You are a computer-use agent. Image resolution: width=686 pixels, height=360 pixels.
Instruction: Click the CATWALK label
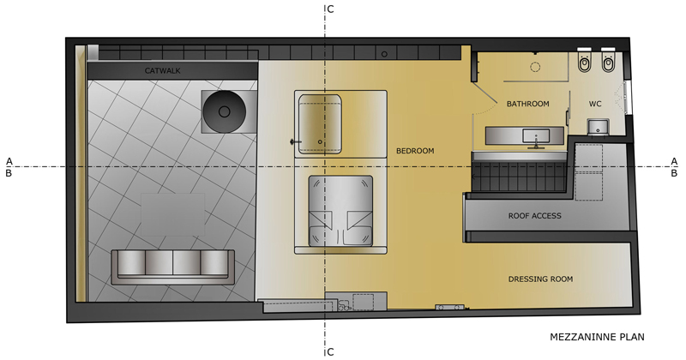[x=162, y=71]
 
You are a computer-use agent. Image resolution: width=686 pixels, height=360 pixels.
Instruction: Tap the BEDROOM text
[x=415, y=151]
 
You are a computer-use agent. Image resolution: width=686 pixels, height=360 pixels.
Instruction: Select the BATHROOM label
[x=527, y=104]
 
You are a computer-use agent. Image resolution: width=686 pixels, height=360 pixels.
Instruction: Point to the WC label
[x=595, y=104]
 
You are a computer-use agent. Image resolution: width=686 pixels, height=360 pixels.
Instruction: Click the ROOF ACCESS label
[x=534, y=216]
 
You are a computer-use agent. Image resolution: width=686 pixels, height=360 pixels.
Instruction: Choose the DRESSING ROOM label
[x=540, y=279]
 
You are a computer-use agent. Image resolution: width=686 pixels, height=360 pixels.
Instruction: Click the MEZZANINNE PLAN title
[x=597, y=337]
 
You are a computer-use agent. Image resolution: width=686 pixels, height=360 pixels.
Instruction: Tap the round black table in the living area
[x=224, y=111]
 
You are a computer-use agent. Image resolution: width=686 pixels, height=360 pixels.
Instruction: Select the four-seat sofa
[x=173, y=267]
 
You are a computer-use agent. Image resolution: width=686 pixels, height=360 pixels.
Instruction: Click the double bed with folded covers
[x=340, y=211]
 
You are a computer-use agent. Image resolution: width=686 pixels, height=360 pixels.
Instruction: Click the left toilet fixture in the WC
[x=584, y=60]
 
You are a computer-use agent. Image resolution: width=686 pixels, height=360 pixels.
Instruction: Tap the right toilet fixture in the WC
[x=608, y=60]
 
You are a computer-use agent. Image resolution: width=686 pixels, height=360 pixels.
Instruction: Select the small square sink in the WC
[x=597, y=128]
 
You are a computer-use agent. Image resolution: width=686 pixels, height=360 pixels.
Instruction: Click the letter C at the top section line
[x=330, y=9]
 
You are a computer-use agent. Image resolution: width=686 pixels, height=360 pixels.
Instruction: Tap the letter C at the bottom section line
[x=330, y=352]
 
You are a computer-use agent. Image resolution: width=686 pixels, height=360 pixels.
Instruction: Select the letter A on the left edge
[x=9, y=162]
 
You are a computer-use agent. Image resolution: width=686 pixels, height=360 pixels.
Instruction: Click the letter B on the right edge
[x=674, y=173]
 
